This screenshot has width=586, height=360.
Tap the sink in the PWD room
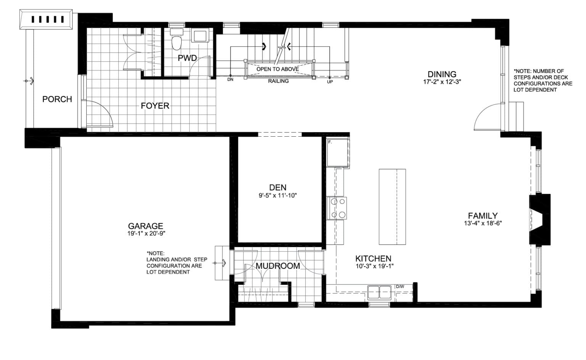pyautogui.click(x=200, y=36)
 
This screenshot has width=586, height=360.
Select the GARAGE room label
pyautogui.click(x=145, y=226)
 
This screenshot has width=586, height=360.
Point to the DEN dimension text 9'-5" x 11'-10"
pyautogui.click(x=277, y=195)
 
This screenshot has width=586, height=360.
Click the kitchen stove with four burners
pyautogui.click(x=338, y=208)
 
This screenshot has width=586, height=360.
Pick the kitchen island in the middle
pyautogui.click(x=392, y=207)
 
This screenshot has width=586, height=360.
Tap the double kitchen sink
pyautogui.click(x=380, y=292)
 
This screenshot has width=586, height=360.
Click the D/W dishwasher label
pyautogui.click(x=400, y=286)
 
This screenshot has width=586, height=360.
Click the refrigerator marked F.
pyautogui.click(x=338, y=153)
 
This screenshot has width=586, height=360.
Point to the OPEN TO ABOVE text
pyautogui.click(x=277, y=69)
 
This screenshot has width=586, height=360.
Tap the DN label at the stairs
pyautogui.click(x=230, y=80)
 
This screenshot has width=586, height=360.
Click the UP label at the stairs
pyautogui.click(x=330, y=82)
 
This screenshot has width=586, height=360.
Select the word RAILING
pyautogui.click(x=278, y=81)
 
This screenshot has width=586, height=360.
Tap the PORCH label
pyautogui.click(x=57, y=99)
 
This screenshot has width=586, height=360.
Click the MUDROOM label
pyautogui.click(x=277, y=266)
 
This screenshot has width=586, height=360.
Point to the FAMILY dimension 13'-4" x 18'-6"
pyautogui.click(x=483, y=224)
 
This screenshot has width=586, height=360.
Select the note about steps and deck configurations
pyautogui.click(x=543, y=81)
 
